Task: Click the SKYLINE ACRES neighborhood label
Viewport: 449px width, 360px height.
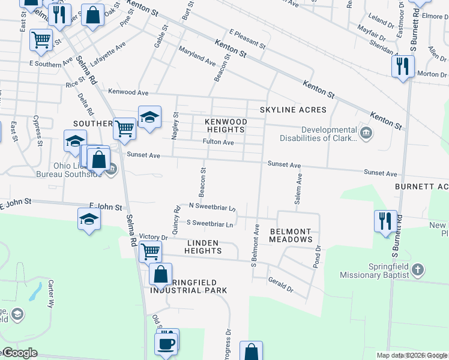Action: (x=293, y=110)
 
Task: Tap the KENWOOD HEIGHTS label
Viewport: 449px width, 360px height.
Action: (x=225, y=125)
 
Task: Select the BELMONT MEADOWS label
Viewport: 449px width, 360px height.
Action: (x=291, y=235)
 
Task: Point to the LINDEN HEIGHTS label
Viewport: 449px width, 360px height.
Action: (x=203, y=247)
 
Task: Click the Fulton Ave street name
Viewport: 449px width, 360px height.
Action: (x=218, y=142)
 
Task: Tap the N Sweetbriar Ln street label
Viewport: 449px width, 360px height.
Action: (x=211, y=207)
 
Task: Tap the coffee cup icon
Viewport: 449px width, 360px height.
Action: (x=165, y=344)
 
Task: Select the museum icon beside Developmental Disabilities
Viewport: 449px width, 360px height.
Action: (x=366, y=132)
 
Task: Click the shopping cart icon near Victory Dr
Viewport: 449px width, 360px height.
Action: (x=149, y=251)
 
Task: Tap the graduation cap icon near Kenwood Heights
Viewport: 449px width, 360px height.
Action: (x=149, y=116)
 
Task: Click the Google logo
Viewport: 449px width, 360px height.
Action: (x=19, y=353)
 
